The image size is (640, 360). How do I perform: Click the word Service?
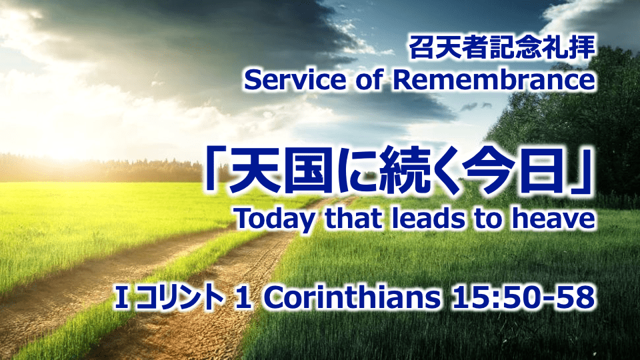pos(294,81)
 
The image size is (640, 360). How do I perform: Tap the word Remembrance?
pos(494,81)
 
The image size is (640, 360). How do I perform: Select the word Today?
pos(275,219)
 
